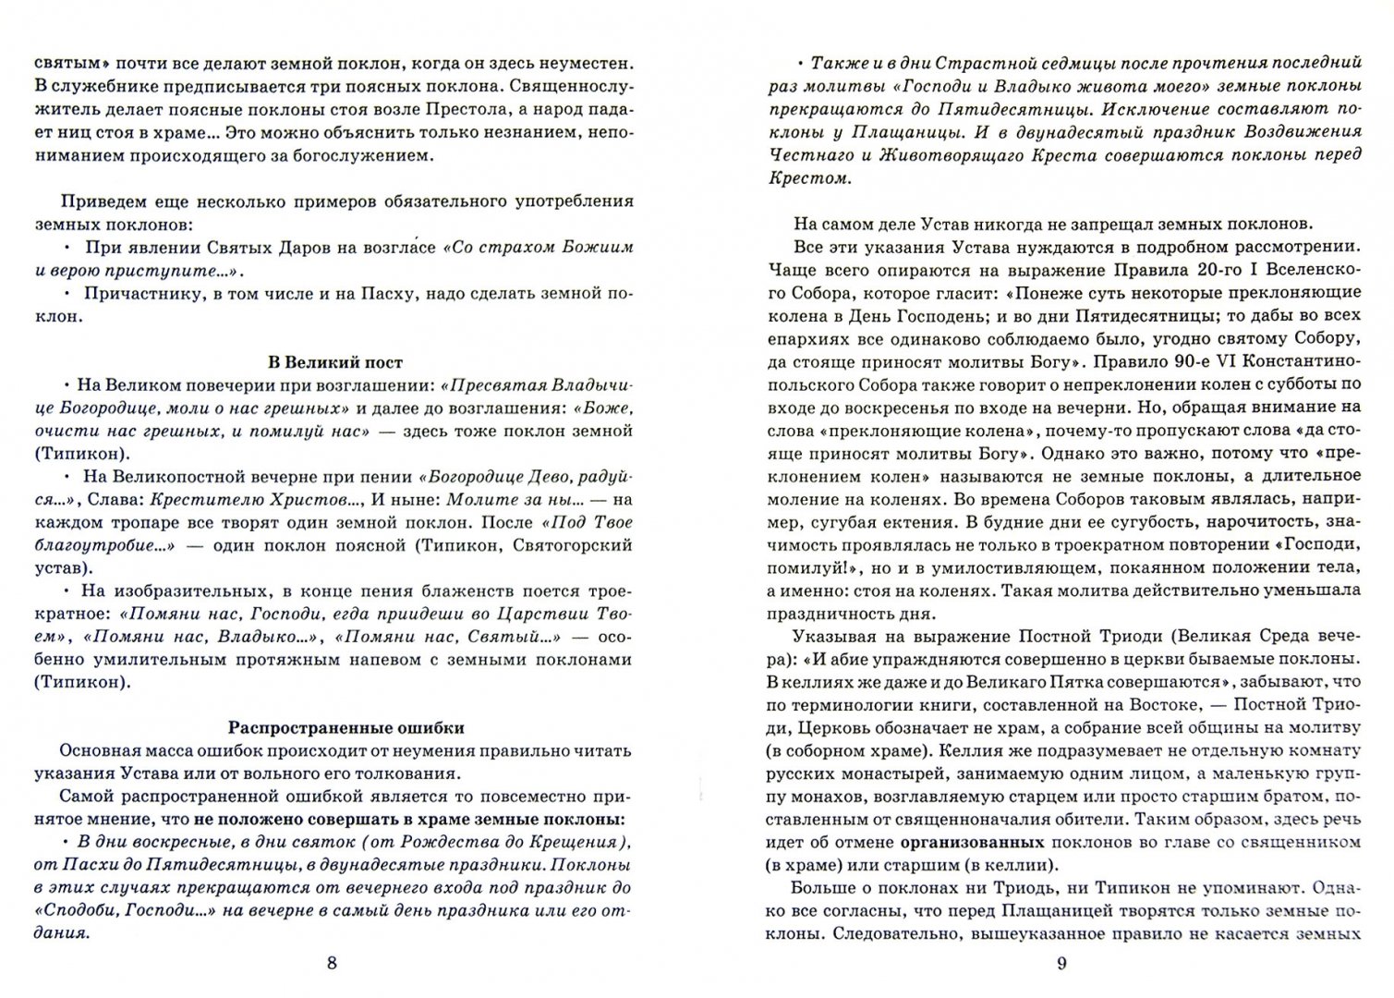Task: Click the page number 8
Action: (333, 964)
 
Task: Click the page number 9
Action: (1061, 964)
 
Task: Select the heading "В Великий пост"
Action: (334, 362)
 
